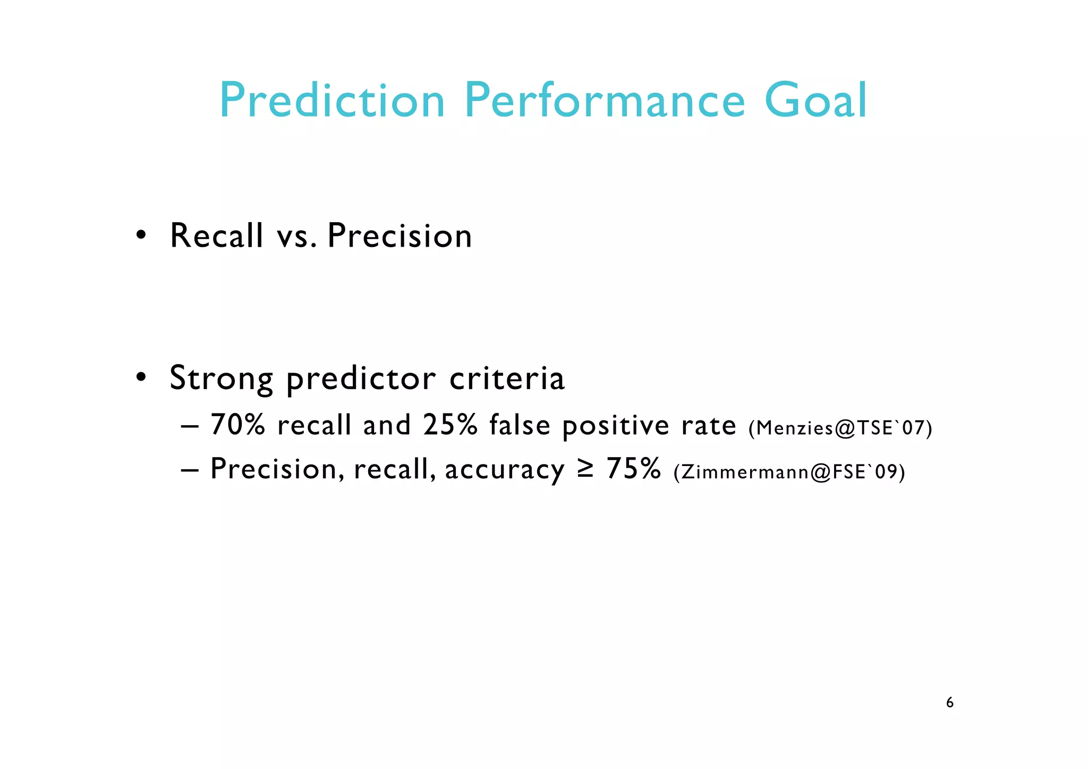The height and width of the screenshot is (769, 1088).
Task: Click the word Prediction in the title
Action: tap(332, 101)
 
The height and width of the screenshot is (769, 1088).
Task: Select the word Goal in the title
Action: tap(815, 101)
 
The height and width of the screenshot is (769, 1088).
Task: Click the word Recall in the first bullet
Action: tap(216, 235)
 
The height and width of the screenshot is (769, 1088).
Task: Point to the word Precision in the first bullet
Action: tap(399, 235)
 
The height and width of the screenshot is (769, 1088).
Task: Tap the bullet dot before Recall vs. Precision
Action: tap(140, 235)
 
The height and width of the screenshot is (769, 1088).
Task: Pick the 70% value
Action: tap(237, 425)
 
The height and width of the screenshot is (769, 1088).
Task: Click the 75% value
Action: tap(634, 469)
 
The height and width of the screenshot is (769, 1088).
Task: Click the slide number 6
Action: tap(949, 703)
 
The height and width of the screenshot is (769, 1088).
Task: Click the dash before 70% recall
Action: tap(189, 427)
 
